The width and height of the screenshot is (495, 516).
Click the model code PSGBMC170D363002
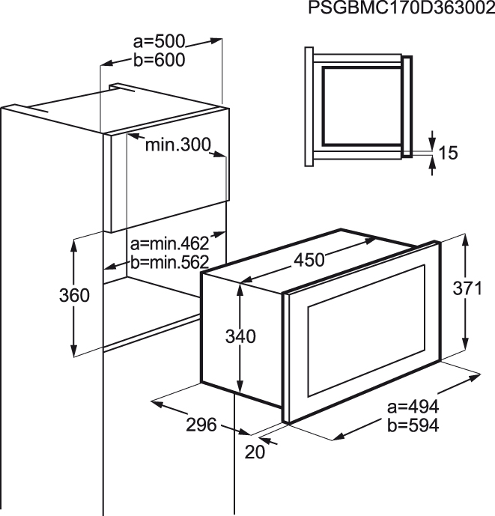pyautogui.click(x=401, y=8)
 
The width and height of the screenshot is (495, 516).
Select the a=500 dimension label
pyautogui.click(x=160, y=41)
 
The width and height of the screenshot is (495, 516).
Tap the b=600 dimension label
pyautogui.click(x=160, y=60)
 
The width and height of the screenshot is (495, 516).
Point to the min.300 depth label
pyautogui.click(x=178, y=145)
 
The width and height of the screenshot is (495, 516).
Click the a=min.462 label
pyautogui.click(x=170, y=243)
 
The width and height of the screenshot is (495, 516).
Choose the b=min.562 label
pyautogui.click(x=170, y=262)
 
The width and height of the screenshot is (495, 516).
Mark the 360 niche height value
pyautogui.click(x=74, y=295)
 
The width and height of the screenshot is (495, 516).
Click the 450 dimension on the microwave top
pyautogui.click(x=309, y=260)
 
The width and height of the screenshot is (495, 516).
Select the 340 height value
pyautogui.click(x=240, y=336)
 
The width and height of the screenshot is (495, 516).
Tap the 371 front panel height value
pyautogui.click(x=468, y=288)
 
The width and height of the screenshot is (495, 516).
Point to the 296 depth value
pyautogui.click(x=201, y=425)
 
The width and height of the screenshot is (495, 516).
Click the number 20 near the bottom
pyautogui.click(x=255, y=452)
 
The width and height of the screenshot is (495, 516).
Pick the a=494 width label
pyautogui.click(x=413, y=407)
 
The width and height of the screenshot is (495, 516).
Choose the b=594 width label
pyautogui.click(x=413, y=425)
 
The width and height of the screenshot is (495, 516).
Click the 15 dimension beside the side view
pyautogui.click(x=449, y=153)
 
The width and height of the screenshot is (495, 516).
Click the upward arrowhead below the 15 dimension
pyautogui.click(x=432, y=161)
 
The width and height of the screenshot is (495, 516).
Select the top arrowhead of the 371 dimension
pyautogui.click(x=465, y=241)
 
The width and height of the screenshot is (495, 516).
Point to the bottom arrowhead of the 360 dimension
pyautogui.click(x=74, y=349)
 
